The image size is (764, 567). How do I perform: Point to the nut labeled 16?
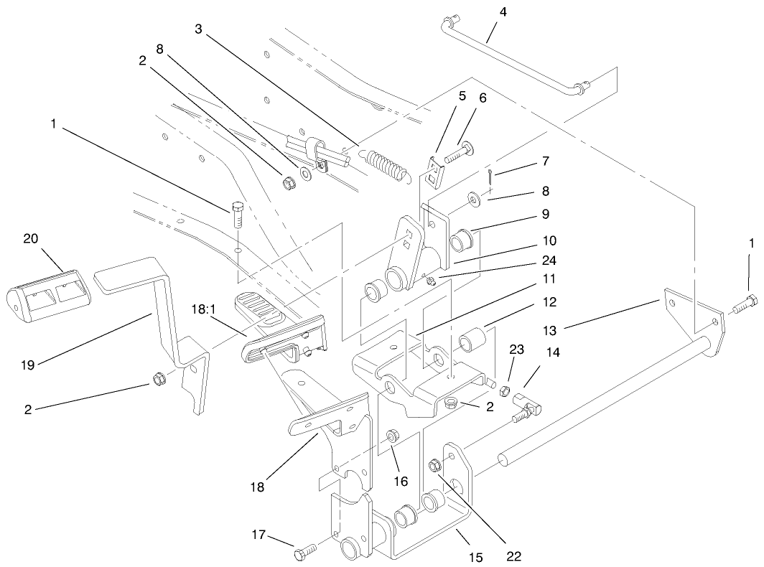pos(393,436)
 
